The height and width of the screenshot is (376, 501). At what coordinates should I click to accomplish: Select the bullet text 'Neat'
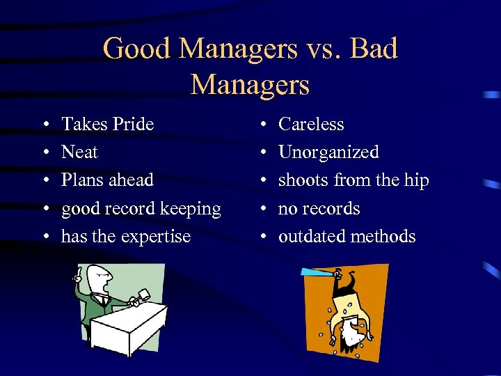point(79,152)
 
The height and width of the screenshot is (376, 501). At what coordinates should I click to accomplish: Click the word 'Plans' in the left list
point(81,180)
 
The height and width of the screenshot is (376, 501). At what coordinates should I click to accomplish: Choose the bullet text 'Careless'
point(311,125)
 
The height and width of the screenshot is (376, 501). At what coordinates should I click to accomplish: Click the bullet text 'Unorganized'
point(328,152)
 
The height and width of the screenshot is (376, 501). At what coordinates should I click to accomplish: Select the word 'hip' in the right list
point(416,180)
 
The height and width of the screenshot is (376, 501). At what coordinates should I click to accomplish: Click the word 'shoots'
point(303,180)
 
